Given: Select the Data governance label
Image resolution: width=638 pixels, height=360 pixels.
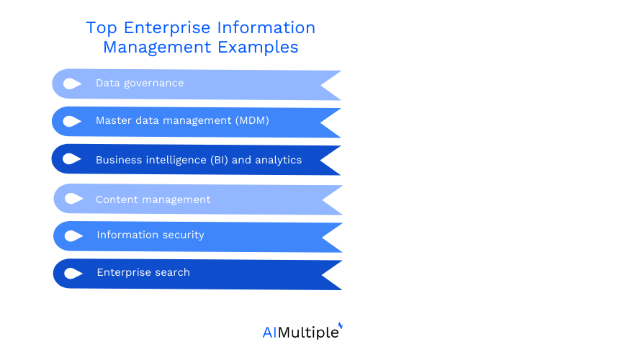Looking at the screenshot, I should point(140,83).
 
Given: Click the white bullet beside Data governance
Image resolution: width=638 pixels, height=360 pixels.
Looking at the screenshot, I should point(72,84).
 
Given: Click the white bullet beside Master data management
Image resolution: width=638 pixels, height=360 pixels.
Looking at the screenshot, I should point(72,121).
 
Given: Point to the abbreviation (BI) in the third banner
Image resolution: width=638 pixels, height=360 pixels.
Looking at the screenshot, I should point(219,160).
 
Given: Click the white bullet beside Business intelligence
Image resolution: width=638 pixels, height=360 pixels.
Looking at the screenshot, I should point(72,159).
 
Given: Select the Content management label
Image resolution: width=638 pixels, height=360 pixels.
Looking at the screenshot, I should point(153,199).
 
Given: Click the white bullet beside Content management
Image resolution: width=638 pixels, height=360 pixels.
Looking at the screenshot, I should point(73,199).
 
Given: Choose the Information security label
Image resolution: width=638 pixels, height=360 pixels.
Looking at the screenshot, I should point(150,235).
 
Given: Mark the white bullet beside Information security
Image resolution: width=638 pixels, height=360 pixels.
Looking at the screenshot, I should point(73,236).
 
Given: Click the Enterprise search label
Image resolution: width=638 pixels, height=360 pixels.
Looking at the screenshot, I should point(143,272).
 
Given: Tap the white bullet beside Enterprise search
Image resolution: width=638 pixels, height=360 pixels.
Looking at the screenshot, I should point(73,274).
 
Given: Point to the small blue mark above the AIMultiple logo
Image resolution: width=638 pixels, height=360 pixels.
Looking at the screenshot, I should point(340,325).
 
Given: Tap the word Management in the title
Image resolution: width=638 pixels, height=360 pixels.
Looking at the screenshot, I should point(153,48).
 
